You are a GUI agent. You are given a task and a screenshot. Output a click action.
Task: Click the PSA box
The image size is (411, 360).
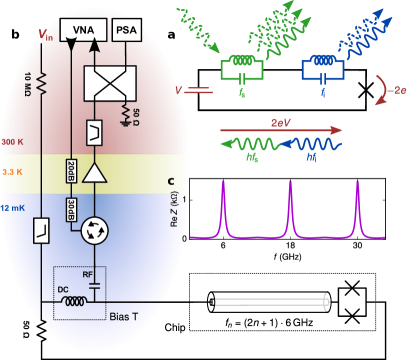127,30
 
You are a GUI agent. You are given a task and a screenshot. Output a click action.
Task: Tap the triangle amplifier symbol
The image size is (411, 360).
95,173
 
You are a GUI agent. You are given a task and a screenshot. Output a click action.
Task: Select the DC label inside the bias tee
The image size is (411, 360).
63,289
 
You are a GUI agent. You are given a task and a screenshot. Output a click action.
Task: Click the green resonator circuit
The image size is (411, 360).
242,69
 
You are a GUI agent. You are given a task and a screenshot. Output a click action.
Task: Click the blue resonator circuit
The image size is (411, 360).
323,69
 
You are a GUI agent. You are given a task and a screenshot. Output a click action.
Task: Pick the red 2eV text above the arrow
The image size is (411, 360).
281,122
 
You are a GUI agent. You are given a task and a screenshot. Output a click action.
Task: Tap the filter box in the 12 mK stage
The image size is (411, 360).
42,231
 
